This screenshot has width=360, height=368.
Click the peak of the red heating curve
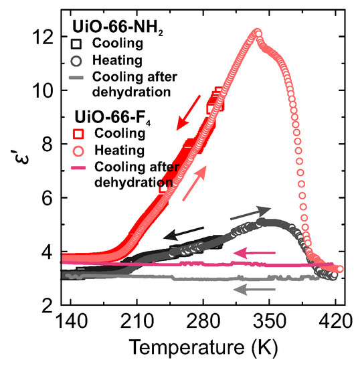pos(258,32)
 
